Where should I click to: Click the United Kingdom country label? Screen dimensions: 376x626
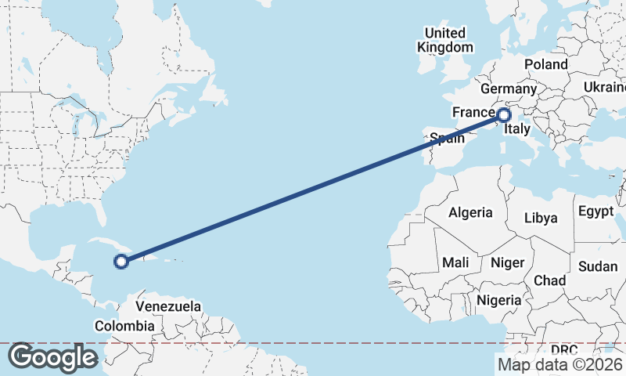(x=445, y=40)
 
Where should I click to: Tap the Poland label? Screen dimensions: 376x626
(x=546, y=64)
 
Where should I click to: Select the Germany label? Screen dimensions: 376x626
(x=507, y=89)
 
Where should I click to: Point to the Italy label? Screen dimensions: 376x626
(x=517, y=129)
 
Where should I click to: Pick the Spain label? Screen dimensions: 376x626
(x=448, y=139)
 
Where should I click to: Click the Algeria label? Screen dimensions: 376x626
(x=470, y=212)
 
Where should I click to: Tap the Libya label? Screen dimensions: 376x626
(x=541, y=217)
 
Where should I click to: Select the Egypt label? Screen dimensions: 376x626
(x=597, y=211)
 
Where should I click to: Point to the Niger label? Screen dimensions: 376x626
(x=506, y=262)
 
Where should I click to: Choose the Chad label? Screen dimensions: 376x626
(x=549, y=280)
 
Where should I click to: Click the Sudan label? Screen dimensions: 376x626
(x=598, y=266)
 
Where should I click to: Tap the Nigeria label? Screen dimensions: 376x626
(x=498, y=299)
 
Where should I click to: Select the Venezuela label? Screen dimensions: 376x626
(x=168, y=306)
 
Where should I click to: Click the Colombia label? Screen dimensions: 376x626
(x=124, y=325)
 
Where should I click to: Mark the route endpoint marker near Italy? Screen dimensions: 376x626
(x=504, y=115)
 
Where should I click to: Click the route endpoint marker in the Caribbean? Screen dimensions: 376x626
(x=121, y=262)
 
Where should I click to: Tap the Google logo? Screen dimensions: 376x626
(x=52, y=357)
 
